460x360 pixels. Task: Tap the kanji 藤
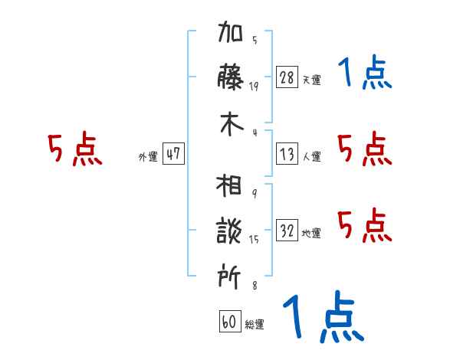[x=231, y=78]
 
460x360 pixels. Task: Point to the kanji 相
[x=231, y=188]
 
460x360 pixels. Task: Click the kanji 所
[x=231, y=274]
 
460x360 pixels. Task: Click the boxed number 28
[x=287, y=77]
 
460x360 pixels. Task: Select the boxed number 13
[x=287, y=154]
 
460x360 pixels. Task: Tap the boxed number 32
[x=287, y=231]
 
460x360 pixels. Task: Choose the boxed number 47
[x=173, y=154]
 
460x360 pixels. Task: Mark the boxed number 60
[x=228, y=322]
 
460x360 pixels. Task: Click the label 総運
[x=255, y=325]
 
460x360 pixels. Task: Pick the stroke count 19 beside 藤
[x=254, y=86]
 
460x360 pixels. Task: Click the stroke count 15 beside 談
[x=254, y=239]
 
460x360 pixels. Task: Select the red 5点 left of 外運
[x=75, y=150]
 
